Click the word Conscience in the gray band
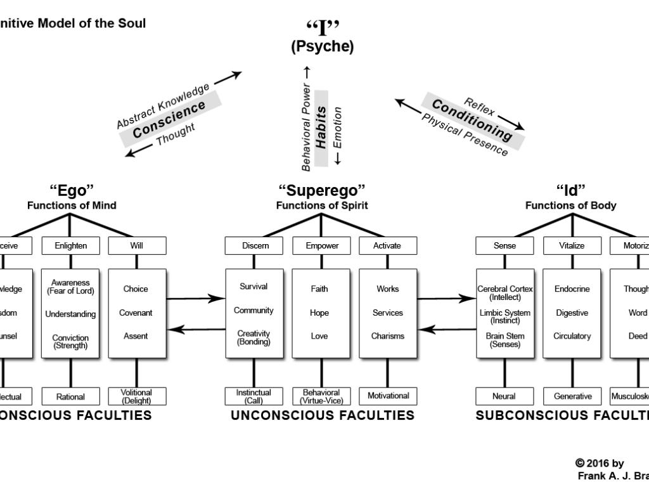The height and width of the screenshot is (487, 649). click(169, 119)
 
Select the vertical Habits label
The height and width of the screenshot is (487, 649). click(321, 127)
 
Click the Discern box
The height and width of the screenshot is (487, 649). click(255, 245)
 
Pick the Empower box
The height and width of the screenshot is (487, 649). click(322, 245)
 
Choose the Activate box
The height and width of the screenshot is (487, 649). click(387, 245)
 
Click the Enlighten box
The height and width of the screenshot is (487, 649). click(70, 245)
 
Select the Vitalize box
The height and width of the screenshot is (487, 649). click(572, 245)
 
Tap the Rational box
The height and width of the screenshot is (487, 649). click(70, 397)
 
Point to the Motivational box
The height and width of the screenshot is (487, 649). click(388, 396)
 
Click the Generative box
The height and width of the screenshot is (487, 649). click(572, 396)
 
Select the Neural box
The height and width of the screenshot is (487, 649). click(504, 396)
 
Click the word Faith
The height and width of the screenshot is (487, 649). click(319, 289)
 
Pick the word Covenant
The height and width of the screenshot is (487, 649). click(136, 313)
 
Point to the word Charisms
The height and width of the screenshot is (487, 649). click(387, 336)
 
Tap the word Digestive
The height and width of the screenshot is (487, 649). click(572, 313)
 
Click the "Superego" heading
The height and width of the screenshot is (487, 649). click(322, 191)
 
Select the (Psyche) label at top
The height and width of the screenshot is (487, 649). click(323, 46)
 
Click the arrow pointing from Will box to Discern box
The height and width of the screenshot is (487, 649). click(196, 297)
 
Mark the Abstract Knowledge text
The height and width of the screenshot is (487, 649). click(163, 105)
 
